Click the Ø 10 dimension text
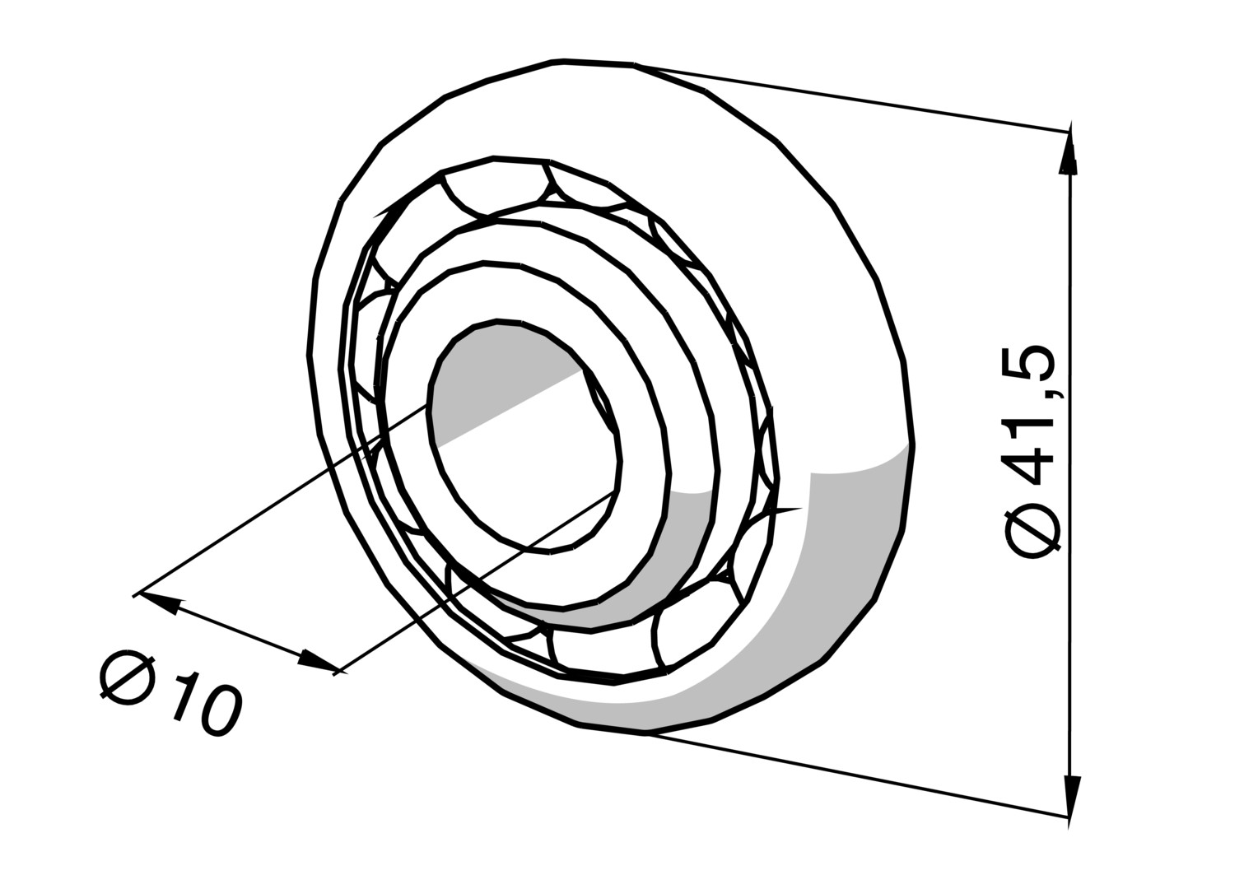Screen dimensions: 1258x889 coord(170,694)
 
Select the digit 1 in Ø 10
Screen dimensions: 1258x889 coord(184,696)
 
